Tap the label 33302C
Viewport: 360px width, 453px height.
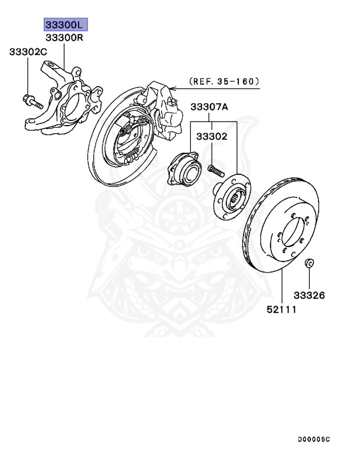coord(28,52)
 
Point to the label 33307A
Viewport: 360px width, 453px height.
coord(209,107)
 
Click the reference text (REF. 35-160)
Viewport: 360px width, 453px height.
coord(224,81)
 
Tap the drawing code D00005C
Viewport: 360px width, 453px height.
coord(314,439)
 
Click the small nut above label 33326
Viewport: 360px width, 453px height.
coord(308,262)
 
